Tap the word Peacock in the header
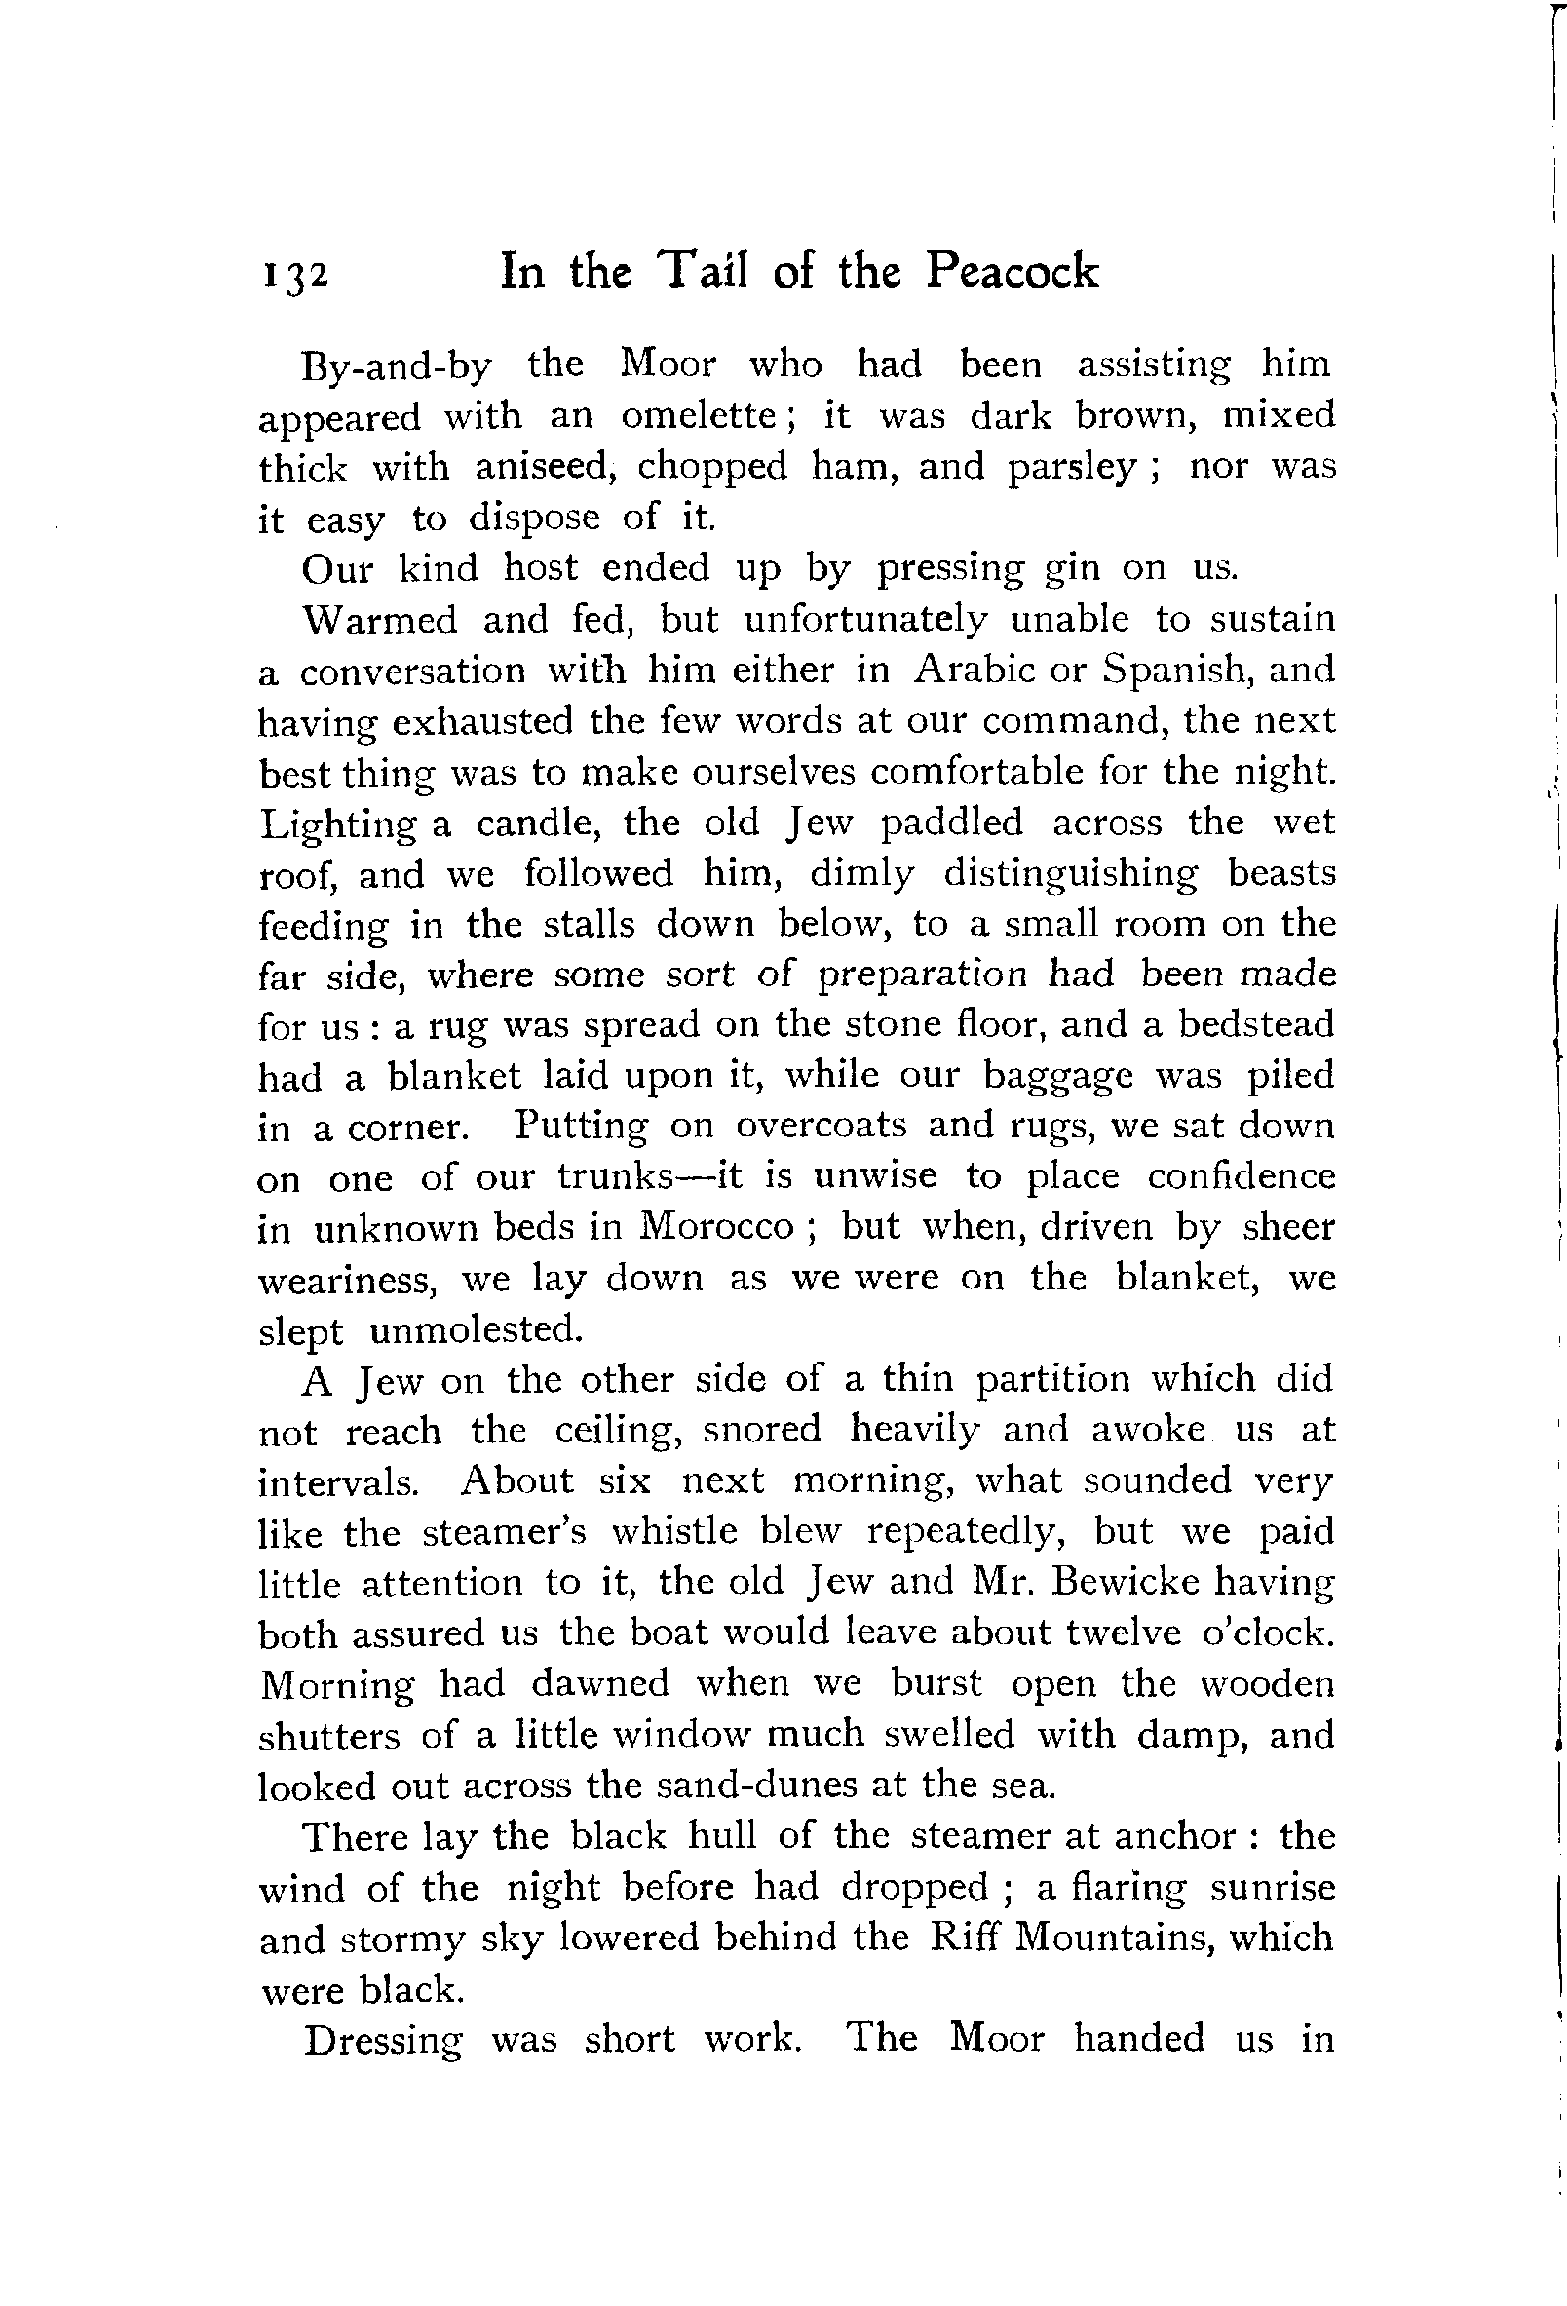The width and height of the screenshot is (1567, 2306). (1013, 270)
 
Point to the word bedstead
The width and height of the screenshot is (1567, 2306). (1255, 1024)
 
